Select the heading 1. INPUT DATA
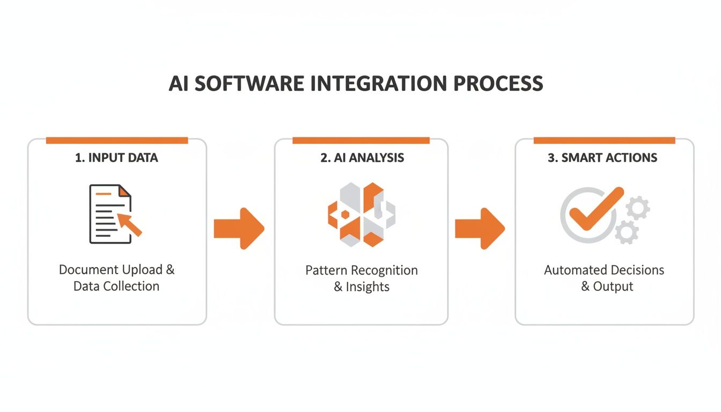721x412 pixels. tap(116, 158)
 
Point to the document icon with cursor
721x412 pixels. tap(110, 214)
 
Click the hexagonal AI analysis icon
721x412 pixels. tap(361, 214)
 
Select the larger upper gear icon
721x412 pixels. tap(637, 207)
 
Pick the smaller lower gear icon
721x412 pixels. tap(626, 232)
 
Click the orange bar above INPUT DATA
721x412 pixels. tap(116, 141)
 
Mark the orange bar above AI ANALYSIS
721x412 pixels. tap(361, 141)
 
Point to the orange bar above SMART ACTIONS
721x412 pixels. tap(604, 141)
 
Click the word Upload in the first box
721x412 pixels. tap(142, 269)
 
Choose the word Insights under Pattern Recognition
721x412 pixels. tap(367, 286)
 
